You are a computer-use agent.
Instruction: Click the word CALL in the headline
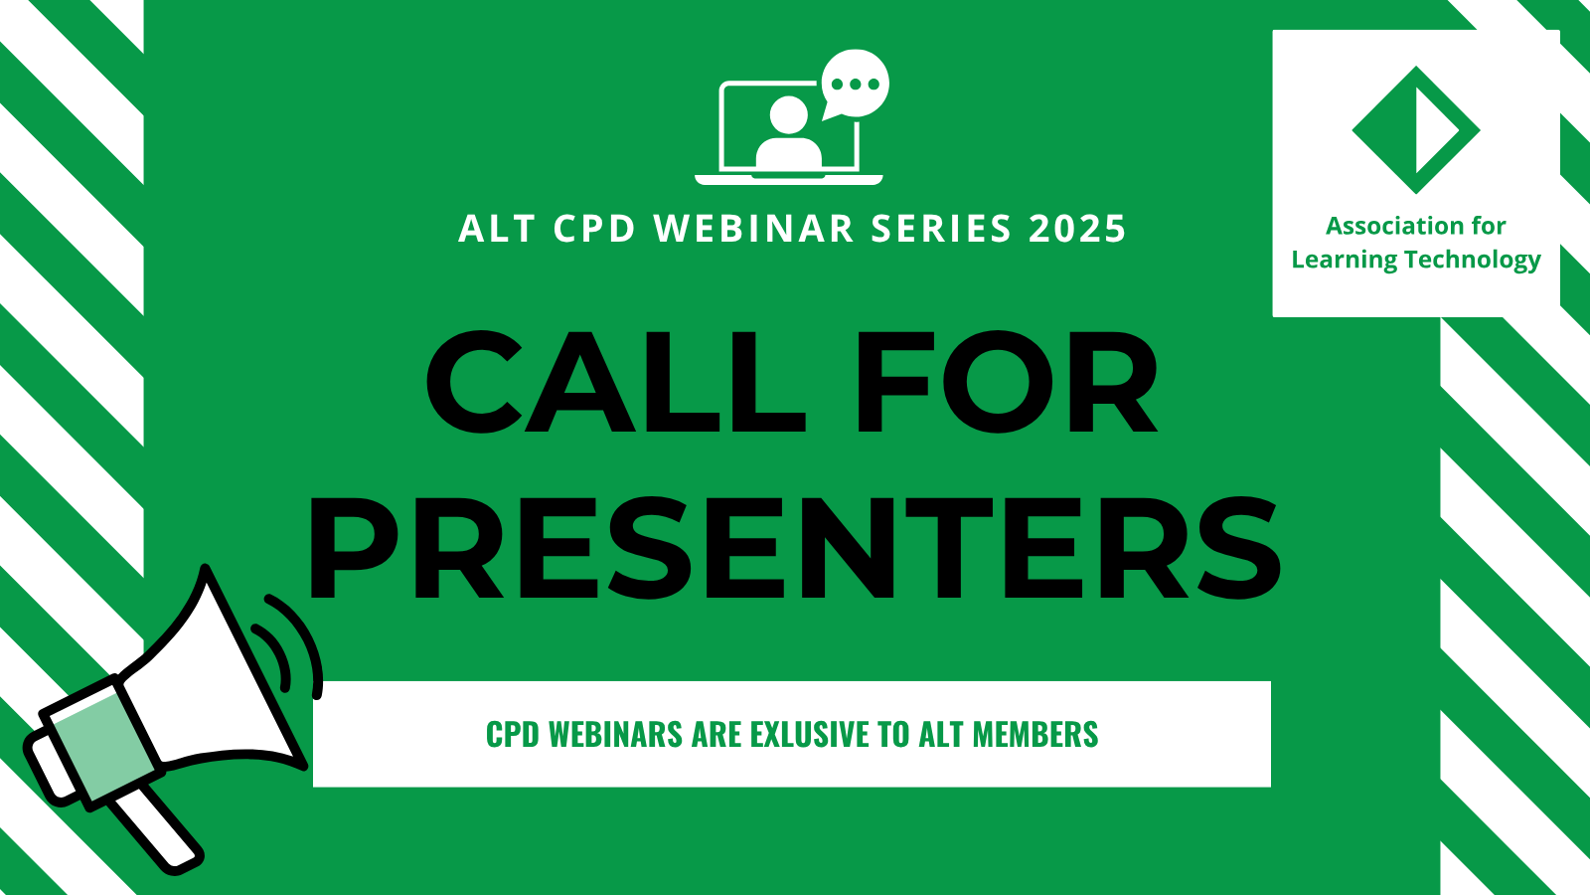pyautogui.click(x=615, y=382)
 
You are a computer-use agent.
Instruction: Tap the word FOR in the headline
pyautogui.click(x=1008, y=382)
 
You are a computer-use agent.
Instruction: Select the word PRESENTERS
pyautogui.click(x=794, y=548)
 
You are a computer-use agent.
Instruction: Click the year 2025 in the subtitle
pyautogui.click(x=1077, y=229)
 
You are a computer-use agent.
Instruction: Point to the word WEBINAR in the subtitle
pyautogui.click(x=754, y=229)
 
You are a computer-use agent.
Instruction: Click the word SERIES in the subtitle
pyautogui.click(x=940, y=229)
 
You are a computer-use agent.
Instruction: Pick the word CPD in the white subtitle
pyautogui.click(x=594, y=229)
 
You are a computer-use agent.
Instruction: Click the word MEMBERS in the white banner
pyautogui.click(x=1034, y=735)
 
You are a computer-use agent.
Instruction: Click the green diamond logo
pyautogui.click(x=1416, y=130)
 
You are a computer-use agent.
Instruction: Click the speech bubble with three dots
pyautogui.click(x=855, y=84)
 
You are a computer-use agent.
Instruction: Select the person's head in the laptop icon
pyautogui.click(x=789, y=115)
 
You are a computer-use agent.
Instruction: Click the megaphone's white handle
pyautogui.click(x=156, y=828)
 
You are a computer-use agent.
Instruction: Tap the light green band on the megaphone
pyautogui.click(x=103, y=746)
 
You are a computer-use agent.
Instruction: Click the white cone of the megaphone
pyautogui.click(x=213, y=682)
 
